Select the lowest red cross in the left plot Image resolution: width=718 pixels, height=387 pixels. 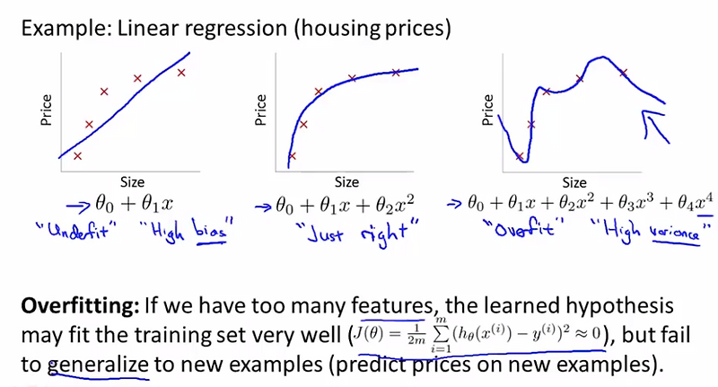coord(77,155)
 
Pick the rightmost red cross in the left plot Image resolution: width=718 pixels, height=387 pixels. coord(181,72)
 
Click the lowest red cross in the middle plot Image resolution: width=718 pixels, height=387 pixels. coord(293,155)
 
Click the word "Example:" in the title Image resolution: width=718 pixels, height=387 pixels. coord(56,27)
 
